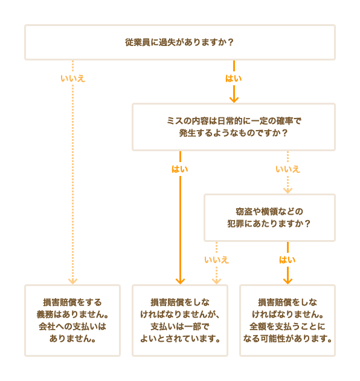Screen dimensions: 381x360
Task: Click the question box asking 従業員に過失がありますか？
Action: click(179, 42)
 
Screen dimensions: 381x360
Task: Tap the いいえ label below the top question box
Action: click(72, 79)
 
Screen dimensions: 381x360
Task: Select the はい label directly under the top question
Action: click(234, 79)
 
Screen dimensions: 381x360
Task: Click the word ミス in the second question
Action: click(175, 121)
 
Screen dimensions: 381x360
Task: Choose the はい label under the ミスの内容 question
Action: click(179, 169)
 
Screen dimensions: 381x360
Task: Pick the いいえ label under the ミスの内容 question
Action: click(288, 169)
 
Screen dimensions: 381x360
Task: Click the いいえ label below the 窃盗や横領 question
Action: click(216, 260)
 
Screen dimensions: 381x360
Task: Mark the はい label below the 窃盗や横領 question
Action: click(288, 260)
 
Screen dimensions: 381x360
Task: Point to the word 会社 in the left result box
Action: click(47, 327)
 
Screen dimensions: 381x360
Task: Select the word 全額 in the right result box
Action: click(259, 327)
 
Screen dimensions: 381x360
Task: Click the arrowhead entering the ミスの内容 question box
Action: click(234, 99)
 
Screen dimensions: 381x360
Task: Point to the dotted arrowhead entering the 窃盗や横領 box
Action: click(288, 190)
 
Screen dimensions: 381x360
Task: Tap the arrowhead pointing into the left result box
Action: click(72, 281)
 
